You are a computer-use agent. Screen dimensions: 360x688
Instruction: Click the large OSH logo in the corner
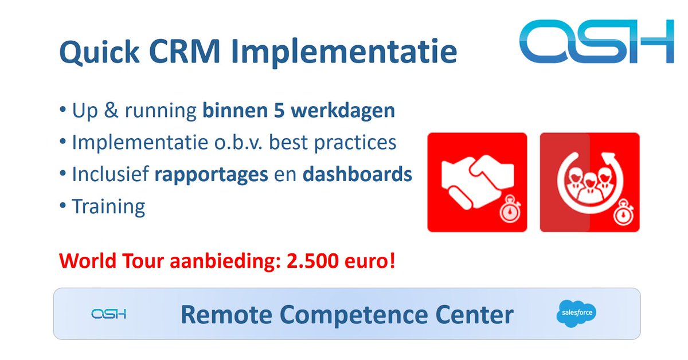[x=596, y=41]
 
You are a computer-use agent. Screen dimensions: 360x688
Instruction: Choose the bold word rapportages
[x=212, y=174]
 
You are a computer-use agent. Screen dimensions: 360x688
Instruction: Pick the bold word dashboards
[x=357, y=174]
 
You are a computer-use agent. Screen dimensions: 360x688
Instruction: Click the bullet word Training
[x=108, y=206]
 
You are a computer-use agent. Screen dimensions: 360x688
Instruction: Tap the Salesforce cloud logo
[x=576, y=314]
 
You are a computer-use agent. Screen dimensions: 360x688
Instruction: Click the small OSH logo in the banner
[x=108, y=314]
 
